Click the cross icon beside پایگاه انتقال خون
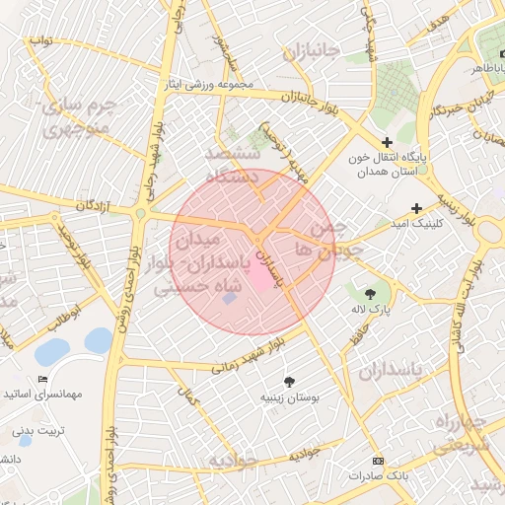[x=388, y=143]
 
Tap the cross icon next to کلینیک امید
[x=417, y=208]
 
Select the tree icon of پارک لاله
[x=370, y=293]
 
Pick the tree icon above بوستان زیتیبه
[x=289, y=382]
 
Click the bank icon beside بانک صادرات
[x=378, y=462]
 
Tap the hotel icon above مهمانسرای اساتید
[x=41, y=380]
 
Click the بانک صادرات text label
[x=378, y=476]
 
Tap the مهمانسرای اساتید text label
[x=47, y=395]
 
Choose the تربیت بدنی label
[x=36, y=431]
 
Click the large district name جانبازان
[x=311, y=50]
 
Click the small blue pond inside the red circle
[x=229, y=297]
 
